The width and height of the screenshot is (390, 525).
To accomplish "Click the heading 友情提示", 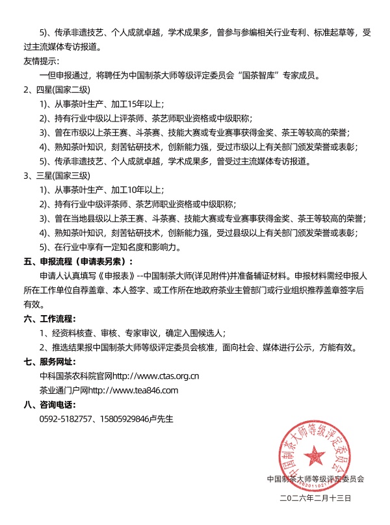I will (42, 62).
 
